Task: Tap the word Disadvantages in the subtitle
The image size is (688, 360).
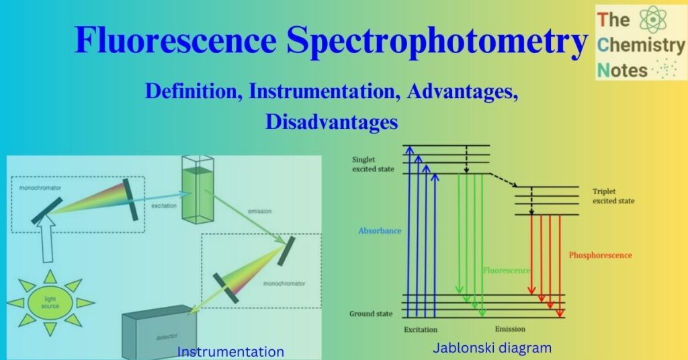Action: (x=331, y=122)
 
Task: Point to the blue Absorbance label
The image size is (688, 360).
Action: (x=380, y=230)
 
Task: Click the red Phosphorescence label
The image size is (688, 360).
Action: (x=600, y=255)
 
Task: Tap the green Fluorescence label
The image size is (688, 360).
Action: (x=507, y=271)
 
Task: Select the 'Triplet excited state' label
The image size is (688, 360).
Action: (x=613, y=196)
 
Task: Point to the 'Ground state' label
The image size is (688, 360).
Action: (x=370, y=314)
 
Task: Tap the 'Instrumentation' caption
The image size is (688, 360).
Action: (x=230, y=351)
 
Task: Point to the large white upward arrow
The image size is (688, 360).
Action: (x=48, y=242)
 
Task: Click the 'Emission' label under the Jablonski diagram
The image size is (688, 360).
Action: (x=510, y=329)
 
